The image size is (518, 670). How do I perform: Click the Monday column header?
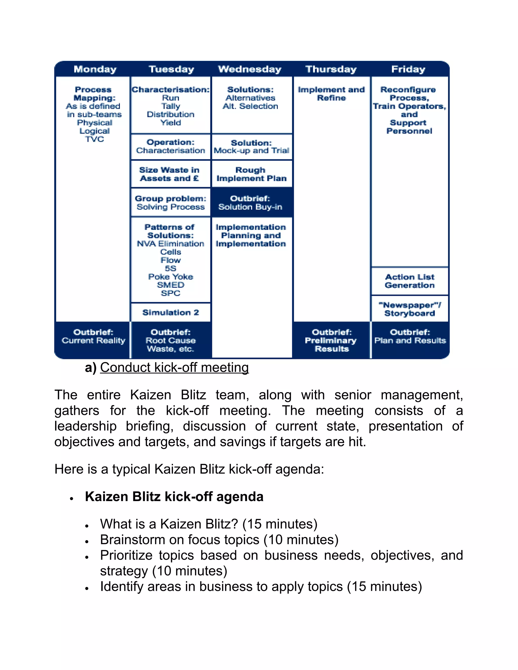coord(95,69)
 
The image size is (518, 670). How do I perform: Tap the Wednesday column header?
coord(250,69)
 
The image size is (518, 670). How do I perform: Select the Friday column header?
coord(408,69)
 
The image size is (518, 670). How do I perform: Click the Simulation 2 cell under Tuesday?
coord(171,312)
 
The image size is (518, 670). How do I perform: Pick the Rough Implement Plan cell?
coord(251,174)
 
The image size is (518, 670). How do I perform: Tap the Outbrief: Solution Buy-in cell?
coord(250,203)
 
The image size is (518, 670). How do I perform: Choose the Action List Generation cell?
coord(410,281)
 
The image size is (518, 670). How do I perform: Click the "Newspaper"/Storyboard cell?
coord(410,309)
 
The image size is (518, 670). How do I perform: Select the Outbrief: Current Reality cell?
coord(93,337)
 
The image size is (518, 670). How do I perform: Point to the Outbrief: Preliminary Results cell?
coord(331,341)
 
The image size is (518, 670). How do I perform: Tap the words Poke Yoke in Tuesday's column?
coord(171,277)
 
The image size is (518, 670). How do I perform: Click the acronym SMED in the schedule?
coord(171,285)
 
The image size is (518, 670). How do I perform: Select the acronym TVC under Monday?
coord(95,139)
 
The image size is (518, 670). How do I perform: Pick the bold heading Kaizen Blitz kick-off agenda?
coord(174,497)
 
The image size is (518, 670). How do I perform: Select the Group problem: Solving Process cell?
coord(171,203)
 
